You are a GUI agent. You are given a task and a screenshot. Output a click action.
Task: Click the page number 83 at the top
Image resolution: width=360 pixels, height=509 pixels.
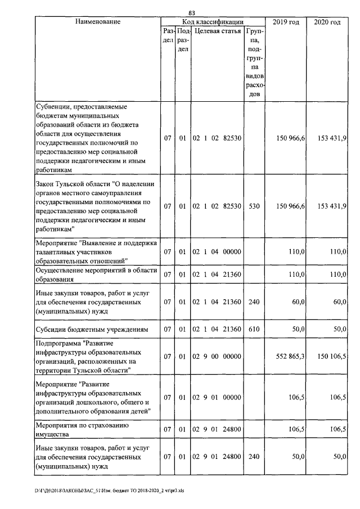[x=192, y=12]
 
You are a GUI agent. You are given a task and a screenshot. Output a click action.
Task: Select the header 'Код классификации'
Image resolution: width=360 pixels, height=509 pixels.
[x=213, y=21]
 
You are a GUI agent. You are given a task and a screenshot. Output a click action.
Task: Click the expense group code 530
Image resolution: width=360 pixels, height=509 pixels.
[x=254, y=206]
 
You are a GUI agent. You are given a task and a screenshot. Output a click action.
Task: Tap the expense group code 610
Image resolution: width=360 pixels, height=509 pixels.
[x=254, y=328]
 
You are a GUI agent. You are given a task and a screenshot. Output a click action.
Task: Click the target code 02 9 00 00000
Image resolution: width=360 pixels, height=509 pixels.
[x=217, y=356]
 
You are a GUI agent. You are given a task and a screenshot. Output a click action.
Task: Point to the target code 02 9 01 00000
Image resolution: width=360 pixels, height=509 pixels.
[x=217, y=398]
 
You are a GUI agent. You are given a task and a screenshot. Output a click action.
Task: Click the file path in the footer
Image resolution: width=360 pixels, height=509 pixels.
[x=109, y=490]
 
